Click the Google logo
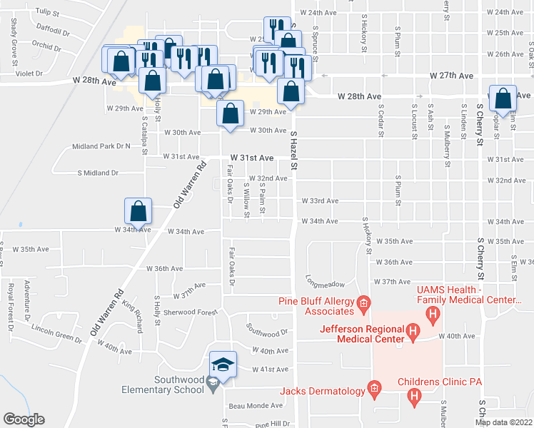24,419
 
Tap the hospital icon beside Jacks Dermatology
373,389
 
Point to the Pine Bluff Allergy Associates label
318,306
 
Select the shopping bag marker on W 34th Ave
138,211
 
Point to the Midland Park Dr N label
101,146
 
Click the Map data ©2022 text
503,422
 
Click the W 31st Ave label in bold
251,158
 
